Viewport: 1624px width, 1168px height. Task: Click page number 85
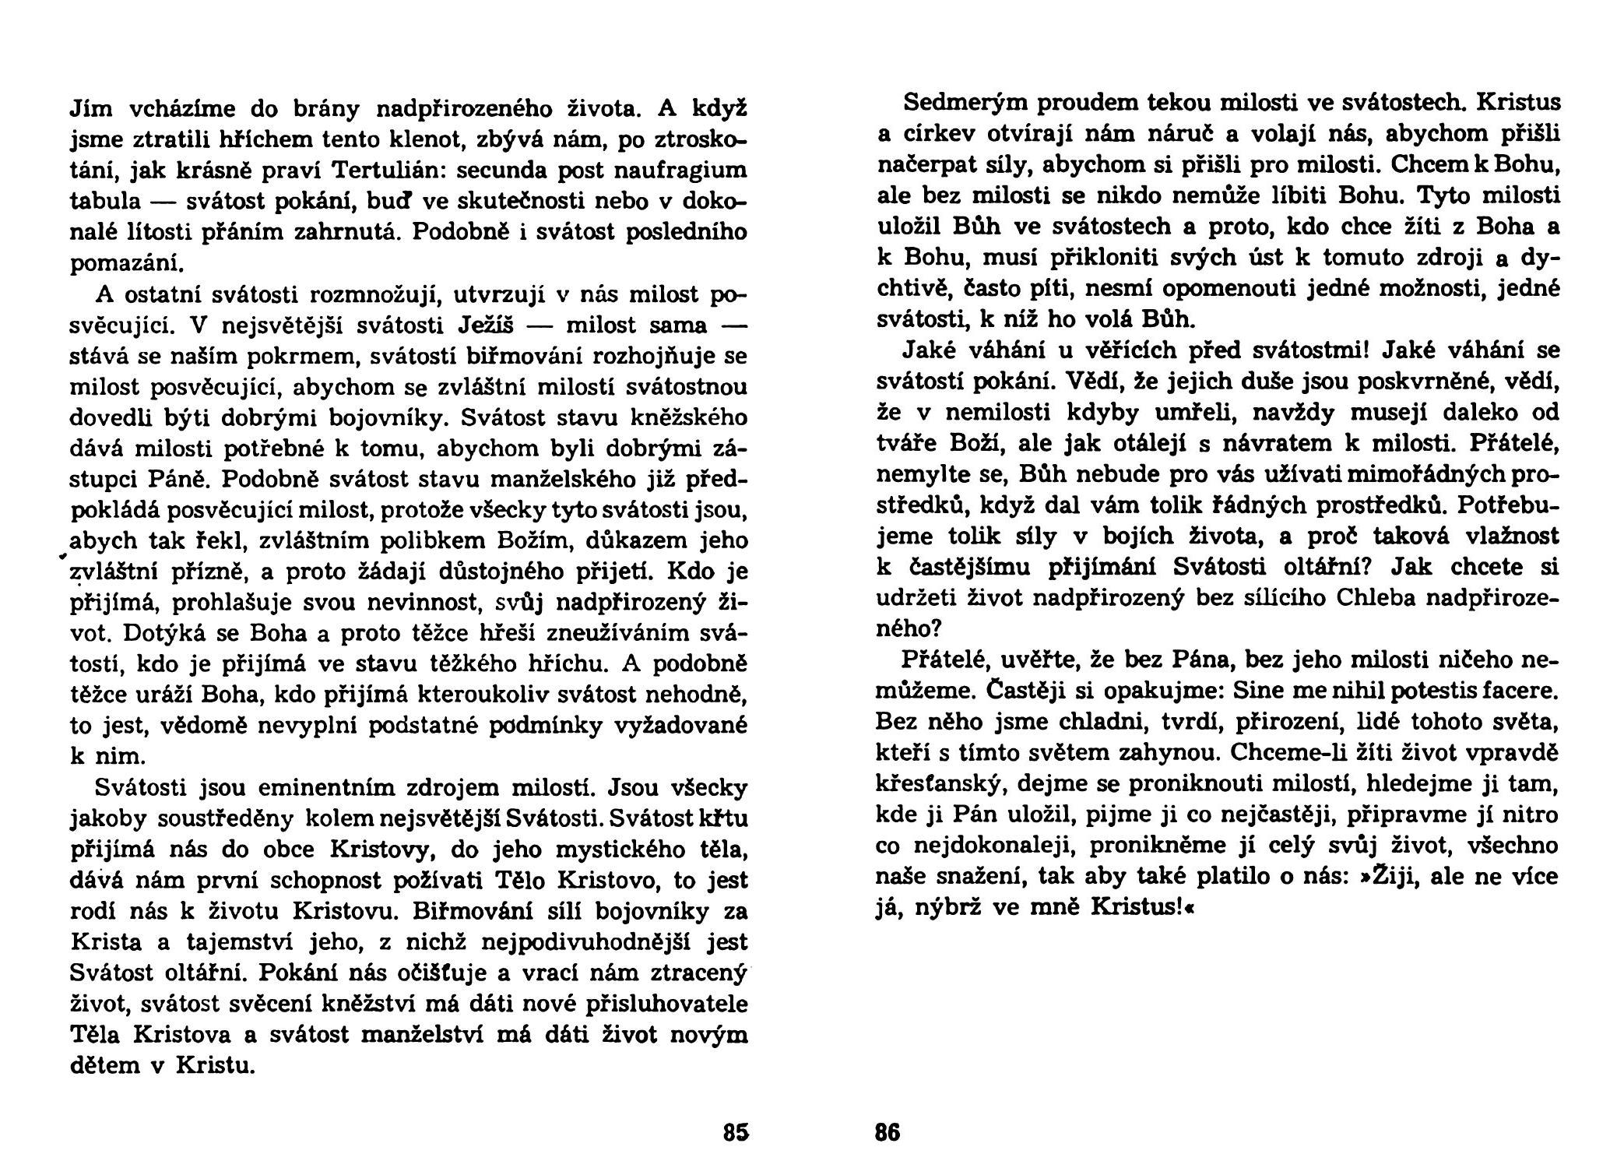click(735, 1131)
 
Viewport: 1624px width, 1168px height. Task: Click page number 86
click(888, 1131)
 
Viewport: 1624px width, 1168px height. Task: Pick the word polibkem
click(429, 541)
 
